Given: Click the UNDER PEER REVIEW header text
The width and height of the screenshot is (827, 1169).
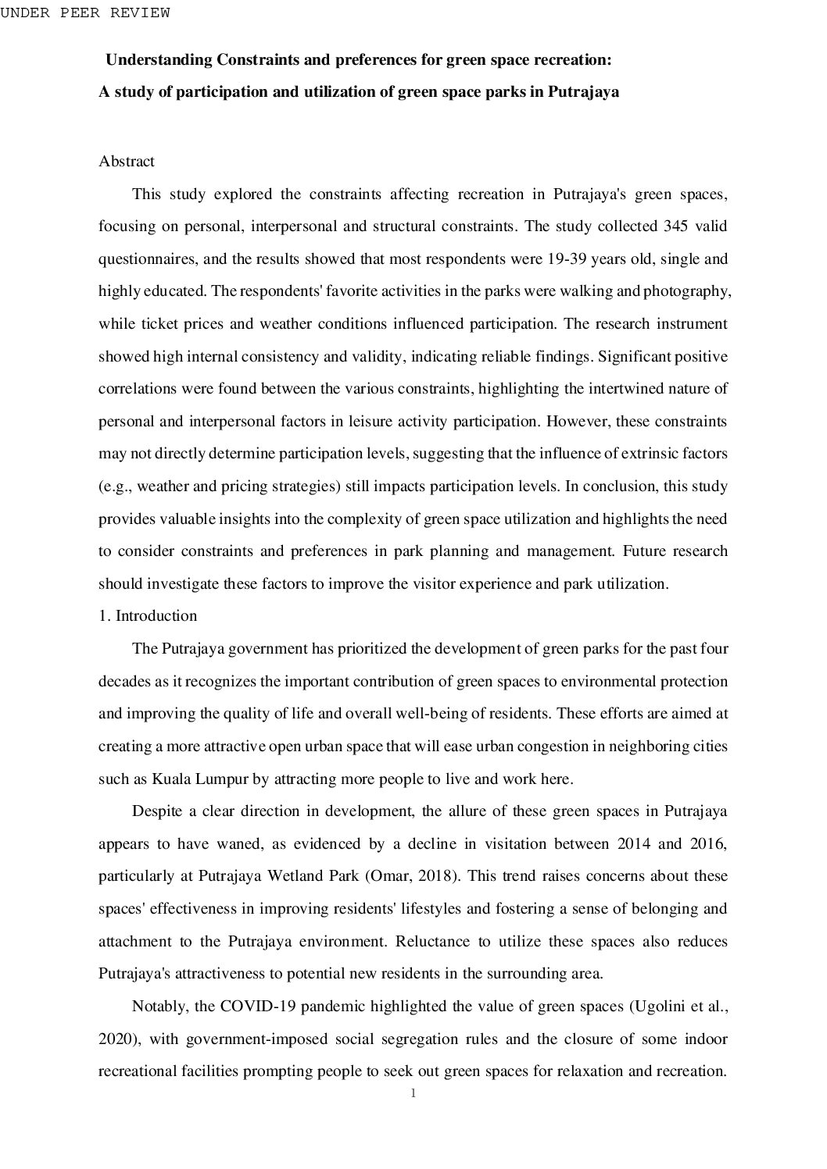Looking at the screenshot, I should (x=84, y=12).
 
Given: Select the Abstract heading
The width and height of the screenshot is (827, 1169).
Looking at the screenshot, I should (x=127, y=162).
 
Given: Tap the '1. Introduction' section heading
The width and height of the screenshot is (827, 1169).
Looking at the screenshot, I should (x=148, y=616).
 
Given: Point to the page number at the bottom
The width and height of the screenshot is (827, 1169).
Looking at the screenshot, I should (x=413, y=1094).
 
